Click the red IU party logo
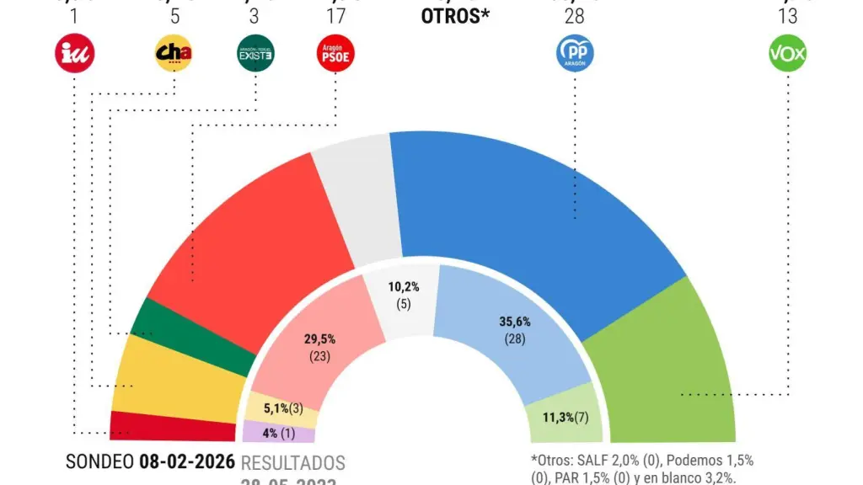[74, 54]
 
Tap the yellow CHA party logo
[174, 54]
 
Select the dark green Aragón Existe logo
[255, 54]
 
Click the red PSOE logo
[335, 54]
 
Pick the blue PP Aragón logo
[576, 54]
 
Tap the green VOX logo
[788, 54]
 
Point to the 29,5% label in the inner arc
[319, 339]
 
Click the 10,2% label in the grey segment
[404, 287]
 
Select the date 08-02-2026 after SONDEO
[187, 462]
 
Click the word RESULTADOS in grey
[293, 463]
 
